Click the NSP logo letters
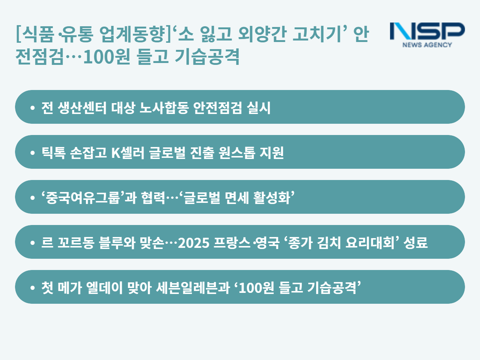point(427,31)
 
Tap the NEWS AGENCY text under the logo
point(427,45)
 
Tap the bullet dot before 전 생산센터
point(33,108)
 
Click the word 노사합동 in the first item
point(164,108)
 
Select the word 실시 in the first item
point(259,108)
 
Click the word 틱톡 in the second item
point(53,153)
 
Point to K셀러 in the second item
point(128,153)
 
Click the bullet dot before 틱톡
point(33,153)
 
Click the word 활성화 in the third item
point(272,198)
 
